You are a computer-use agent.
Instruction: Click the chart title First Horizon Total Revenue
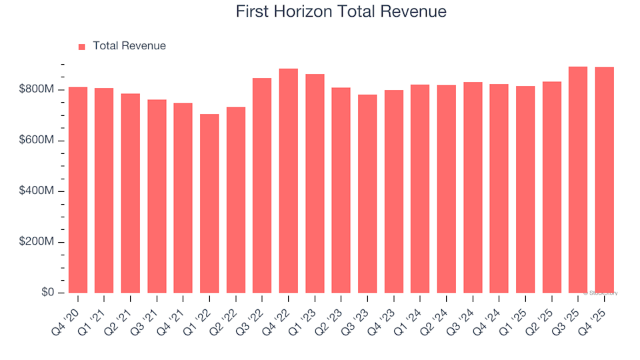pyautogui.click(x=341, y=12)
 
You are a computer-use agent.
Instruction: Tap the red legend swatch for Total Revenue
pyautogui.click(x=82, y=47)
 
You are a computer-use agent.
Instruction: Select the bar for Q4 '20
pyautogui.click(x=78, y=190)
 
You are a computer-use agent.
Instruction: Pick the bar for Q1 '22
pyautogui.click(x=209, y=203)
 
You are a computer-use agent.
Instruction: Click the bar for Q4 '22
pyautogui.click(x=289, y=181)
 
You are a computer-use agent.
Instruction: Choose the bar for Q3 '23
pyautogui.click(x=367, y=193)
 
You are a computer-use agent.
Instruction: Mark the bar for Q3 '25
pyautogui.click(x=578, y=180)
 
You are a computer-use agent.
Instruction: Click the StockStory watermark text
pyautogui.click(x=601, y=293)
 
